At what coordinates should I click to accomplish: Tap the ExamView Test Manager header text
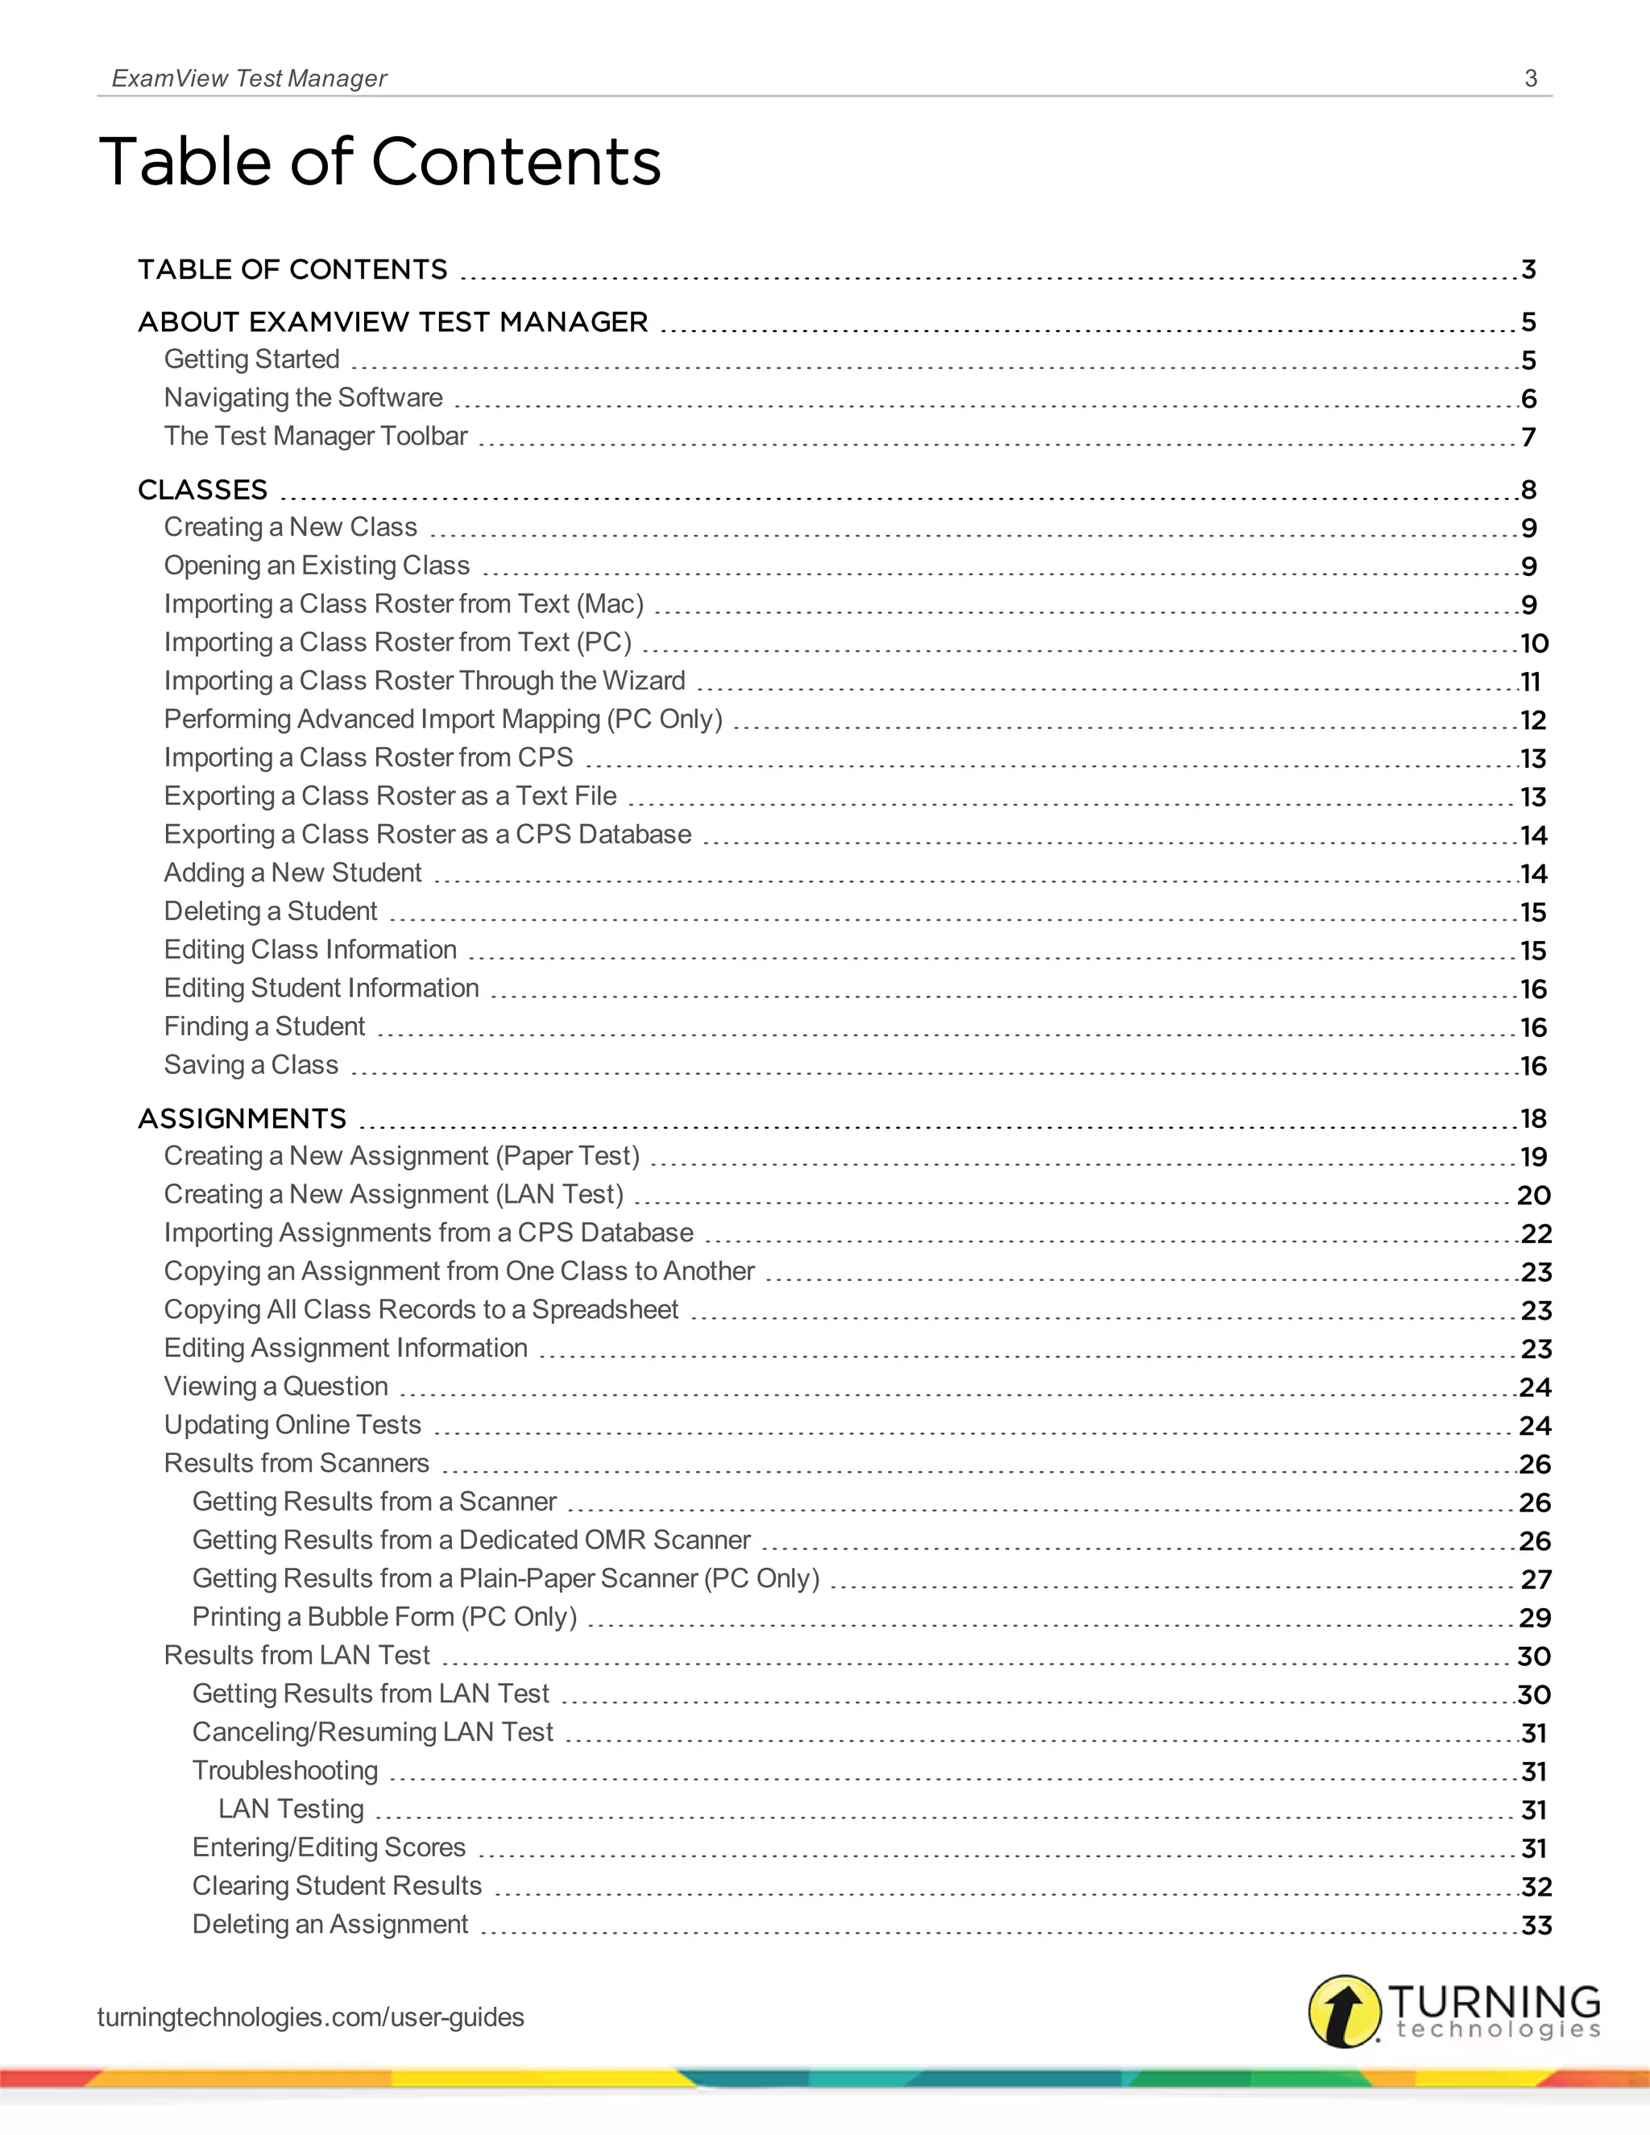pyautogui.click(x=249, y=78)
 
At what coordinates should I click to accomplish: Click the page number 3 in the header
pyautogui.click(x=1531, y=78)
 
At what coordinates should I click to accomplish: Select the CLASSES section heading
pyautogui.click(x=202, y=490)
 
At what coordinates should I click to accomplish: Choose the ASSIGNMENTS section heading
pyautogui.click(x=242, y=1118)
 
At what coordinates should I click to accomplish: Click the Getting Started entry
pyautogui.click(x=251, y=360)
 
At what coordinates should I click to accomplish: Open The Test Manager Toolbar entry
pyautogui.click(x=315, y=436)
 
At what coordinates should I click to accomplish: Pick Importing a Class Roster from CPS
pyautogui.click(x=367, y=757)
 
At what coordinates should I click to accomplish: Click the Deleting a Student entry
pyautogui.click(x=270, y=911)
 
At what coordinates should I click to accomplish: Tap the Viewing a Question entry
pyautogui.click(x=276, y=1387)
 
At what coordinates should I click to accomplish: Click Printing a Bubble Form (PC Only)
pyautogui.click(x=384, y=1617)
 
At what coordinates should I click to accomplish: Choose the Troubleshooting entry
pyautogui.click(x=284, y=1770)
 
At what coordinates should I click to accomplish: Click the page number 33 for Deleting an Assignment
pyautogui.click(x=1536, y=1925)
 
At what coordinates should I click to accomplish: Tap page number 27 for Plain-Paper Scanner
pyautogui.click(x=1536, y=1580)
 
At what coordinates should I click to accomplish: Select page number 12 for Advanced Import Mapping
pyautogui.click(x=1532, y=720)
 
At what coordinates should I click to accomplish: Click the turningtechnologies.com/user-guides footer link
pyautogui.click(x=310, y=2017)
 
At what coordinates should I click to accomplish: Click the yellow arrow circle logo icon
pyautogui.click(x=1345, y=2011)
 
